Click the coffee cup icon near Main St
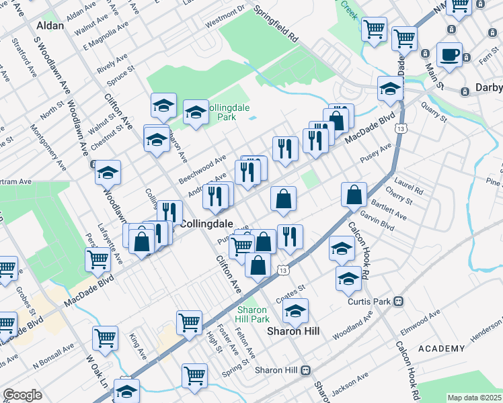449,54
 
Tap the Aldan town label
51,26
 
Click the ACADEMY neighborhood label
441,348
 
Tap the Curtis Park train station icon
399,302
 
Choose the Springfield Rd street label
275,26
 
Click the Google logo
22,395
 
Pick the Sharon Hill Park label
253,314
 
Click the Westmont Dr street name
225,17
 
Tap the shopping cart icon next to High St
190,322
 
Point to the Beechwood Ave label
202,171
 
